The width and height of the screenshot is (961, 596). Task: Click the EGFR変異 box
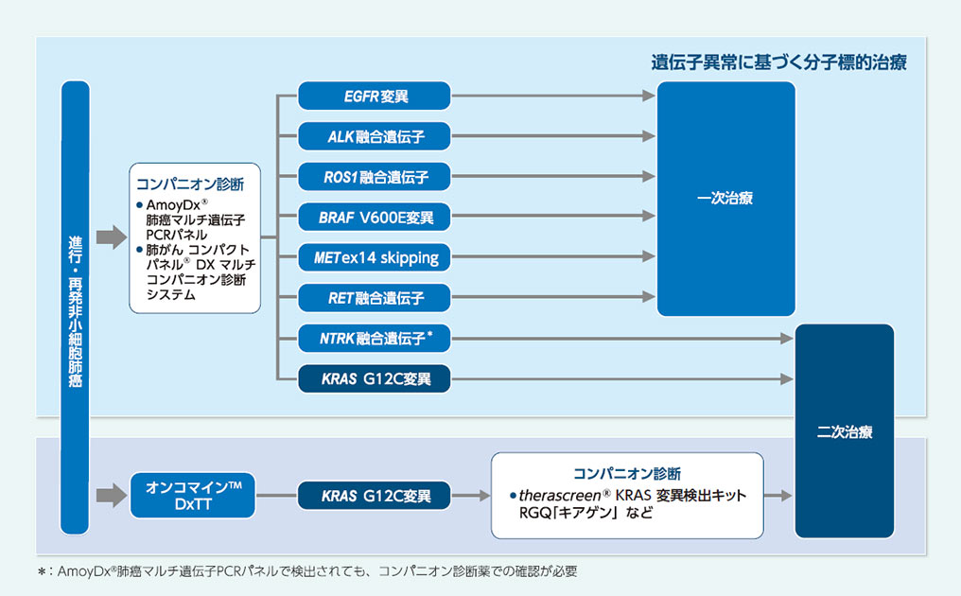click(374, 96)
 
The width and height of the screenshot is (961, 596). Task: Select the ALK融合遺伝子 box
click(374, 136)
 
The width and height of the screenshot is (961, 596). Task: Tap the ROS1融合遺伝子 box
click(374, 176)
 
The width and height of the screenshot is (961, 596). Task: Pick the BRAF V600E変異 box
click(374, 217)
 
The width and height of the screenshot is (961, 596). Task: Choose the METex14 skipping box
click(374, 257)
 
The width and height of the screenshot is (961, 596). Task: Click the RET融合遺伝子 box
click(374, 298)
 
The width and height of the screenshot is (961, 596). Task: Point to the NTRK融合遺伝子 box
click(374, 338)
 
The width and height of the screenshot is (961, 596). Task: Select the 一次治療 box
click(725, 199)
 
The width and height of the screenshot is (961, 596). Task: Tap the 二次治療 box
click(844, 431)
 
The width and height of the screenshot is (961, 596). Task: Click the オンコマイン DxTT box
click(192, 495)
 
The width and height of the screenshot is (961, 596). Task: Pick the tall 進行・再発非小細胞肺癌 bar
click(75, 307)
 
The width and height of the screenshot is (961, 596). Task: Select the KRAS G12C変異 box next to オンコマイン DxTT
click(374, 495)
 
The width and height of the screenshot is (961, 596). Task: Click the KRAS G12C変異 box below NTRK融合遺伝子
click(374, 379)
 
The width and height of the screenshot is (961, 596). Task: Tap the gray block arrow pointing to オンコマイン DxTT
click(111, 495)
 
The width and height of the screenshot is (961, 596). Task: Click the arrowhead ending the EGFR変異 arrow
click(649, 96)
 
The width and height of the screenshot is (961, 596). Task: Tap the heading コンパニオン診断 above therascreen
click(627, 473)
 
